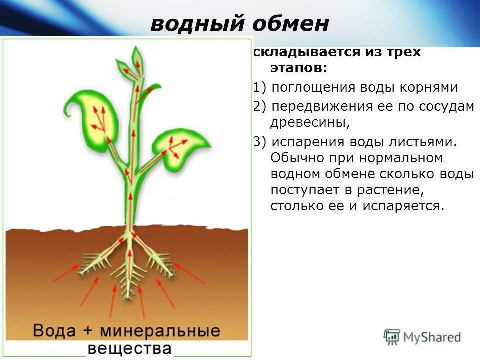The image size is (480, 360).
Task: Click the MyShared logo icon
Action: point(392,337)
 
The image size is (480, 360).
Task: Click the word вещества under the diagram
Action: point(130,348)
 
